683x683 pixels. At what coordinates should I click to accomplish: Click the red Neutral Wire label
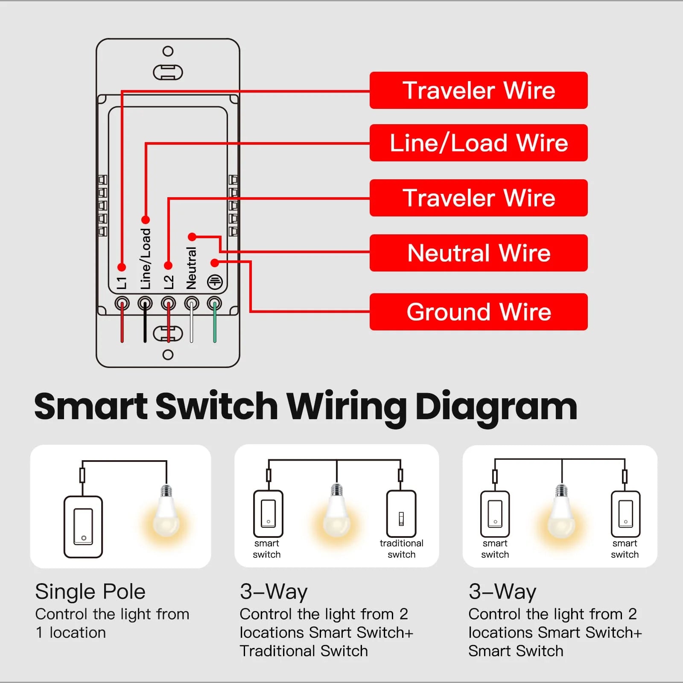coord(479,253)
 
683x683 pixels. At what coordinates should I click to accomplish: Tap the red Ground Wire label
coord(479,312)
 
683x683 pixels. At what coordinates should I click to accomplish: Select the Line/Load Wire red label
coord(479,143)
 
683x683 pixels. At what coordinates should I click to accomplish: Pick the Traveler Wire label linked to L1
coord(479,90)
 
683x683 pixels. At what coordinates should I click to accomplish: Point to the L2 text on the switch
coord(169,282)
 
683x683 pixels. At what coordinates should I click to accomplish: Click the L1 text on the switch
coord(122,283)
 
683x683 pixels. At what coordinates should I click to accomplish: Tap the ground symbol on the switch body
coord(215,282)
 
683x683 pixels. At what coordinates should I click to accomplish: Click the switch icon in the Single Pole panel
coord(83,527)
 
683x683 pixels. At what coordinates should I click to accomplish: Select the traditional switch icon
coord(401,514)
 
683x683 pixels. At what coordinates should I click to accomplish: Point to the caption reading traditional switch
coord(401,549)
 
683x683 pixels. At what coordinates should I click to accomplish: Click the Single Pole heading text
coord(90,592)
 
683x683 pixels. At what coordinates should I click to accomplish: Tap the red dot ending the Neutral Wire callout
coord(192,236)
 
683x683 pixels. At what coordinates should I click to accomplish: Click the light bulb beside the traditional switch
coord(337,512)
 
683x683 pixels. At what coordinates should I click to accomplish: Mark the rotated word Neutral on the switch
coord(191,268)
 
